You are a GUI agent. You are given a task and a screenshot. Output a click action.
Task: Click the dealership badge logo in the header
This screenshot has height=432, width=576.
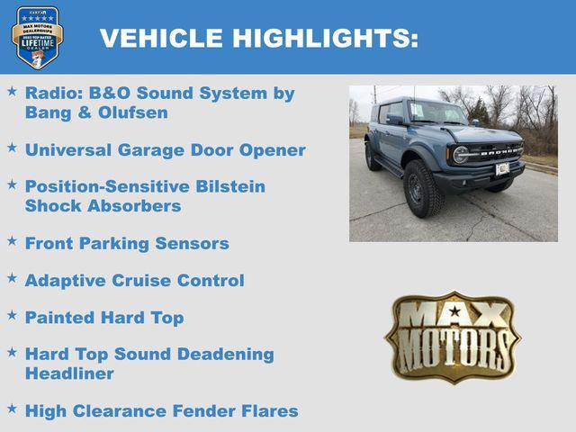pyautogui.click(x=37, y=37)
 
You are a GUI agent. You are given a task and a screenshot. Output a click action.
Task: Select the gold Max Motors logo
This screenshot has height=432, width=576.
pyautogui.click(x=453, y=337)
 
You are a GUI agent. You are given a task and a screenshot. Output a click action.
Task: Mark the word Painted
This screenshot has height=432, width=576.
pyautogui.click(x=60, y=318)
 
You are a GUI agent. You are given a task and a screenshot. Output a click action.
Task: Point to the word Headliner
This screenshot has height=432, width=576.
pyautogui.click(x=69, y=373)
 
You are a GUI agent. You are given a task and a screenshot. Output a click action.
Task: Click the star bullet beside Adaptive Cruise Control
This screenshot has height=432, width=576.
pyautogui.click(x=12, y=279)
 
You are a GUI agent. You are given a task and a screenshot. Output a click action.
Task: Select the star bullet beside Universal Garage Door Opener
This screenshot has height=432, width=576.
pyautogui.click(x=12, y=148)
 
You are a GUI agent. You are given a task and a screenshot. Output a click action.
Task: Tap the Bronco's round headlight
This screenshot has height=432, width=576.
pyautogui.click(x=461, y=155)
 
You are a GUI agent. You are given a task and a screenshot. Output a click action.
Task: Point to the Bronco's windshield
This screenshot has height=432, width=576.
pyautogui.click(x=436, y=112)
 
